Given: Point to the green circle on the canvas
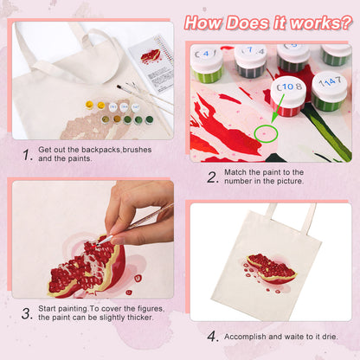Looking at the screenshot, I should click(266, 134).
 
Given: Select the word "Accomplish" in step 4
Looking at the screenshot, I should click(250, 335).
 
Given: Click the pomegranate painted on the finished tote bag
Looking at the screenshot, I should click(270, 269).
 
